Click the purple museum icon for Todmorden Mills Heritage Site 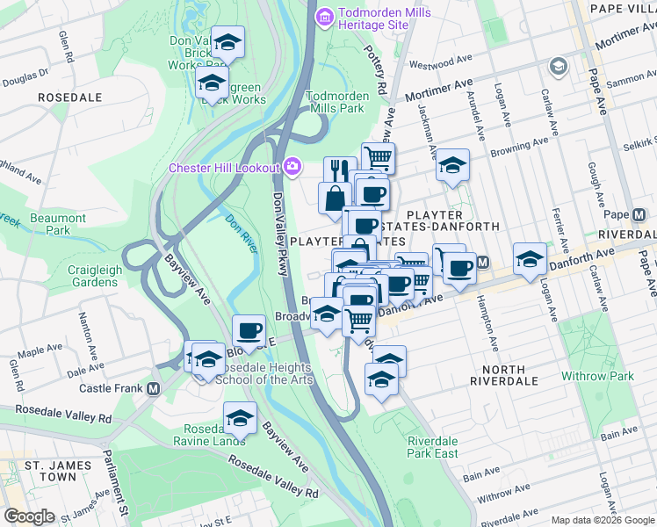324,16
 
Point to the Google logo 29,516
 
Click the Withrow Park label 596,376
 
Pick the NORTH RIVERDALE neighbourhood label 497,376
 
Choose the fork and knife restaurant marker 339,170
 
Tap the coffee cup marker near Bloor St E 249,329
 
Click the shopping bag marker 336,197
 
